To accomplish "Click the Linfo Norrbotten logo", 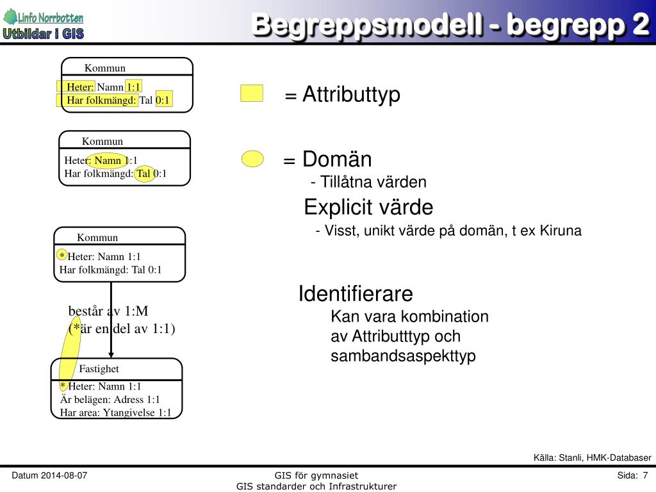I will coord(44,17).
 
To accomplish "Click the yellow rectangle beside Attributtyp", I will coord(252,94).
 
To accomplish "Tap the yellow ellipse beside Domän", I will coord(253,159).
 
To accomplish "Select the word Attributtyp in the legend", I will coord(351,95).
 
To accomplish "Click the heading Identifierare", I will coord(356,294).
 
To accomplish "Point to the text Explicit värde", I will coord(368,208).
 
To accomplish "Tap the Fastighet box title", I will coord(99,369).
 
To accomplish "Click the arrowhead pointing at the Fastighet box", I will coord(111,354).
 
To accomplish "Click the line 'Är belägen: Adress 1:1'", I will coord(110,400).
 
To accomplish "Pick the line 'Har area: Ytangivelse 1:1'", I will coord(115,413).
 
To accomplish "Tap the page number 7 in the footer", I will coord(645,475).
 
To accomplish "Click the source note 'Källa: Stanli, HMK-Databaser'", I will coord(592,457).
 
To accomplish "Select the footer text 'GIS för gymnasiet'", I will coord(316,475).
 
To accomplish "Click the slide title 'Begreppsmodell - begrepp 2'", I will coord(448,25).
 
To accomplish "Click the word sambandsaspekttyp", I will coord(403,356).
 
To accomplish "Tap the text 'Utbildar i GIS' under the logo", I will coord(44,34).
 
